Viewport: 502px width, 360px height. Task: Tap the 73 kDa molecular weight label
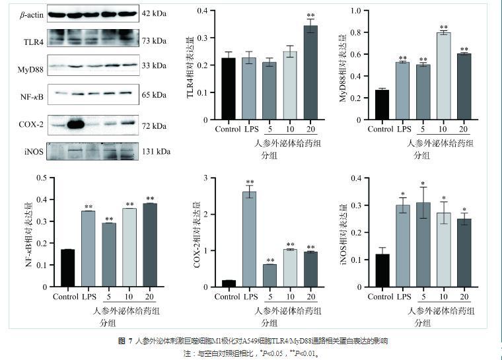click(x=154, y=41)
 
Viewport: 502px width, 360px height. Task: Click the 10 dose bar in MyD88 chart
click(x=443, y=76)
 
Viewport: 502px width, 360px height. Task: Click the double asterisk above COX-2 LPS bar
click(x=250, y=183)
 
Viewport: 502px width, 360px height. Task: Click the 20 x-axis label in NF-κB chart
click(x=149, y=297)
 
